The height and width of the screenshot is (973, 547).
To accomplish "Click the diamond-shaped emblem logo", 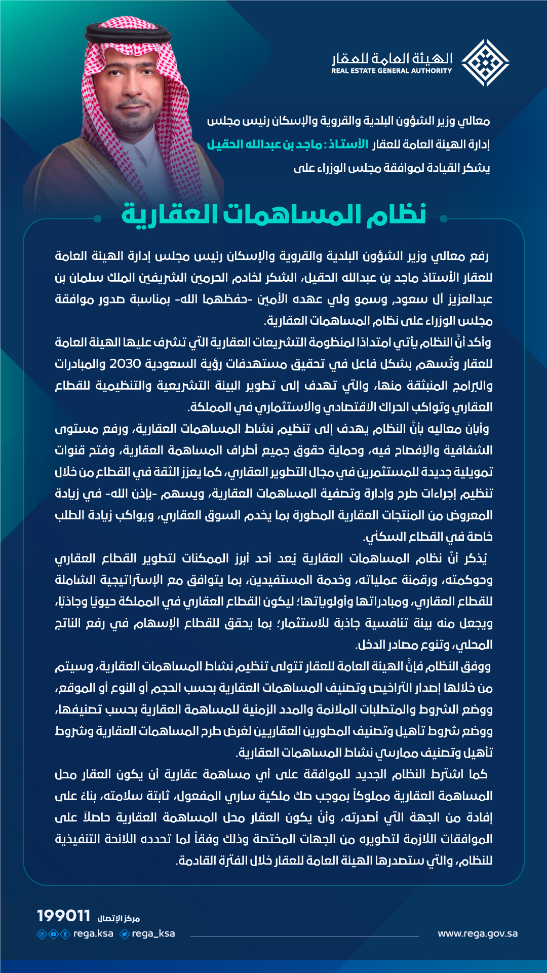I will pos(485,63).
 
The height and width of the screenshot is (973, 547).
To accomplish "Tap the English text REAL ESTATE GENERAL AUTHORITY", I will pos(392,71).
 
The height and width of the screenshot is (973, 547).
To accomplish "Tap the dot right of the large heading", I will pos(444,218).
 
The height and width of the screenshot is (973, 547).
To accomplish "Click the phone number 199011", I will pos(64,916).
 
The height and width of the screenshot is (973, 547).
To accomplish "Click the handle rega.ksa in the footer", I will pos(93,933).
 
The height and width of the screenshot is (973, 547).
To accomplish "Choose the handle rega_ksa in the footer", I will pos(153,933).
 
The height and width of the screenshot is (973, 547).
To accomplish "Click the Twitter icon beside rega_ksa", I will pos(125,933).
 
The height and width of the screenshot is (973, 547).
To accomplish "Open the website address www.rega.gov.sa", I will pos(478,933).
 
